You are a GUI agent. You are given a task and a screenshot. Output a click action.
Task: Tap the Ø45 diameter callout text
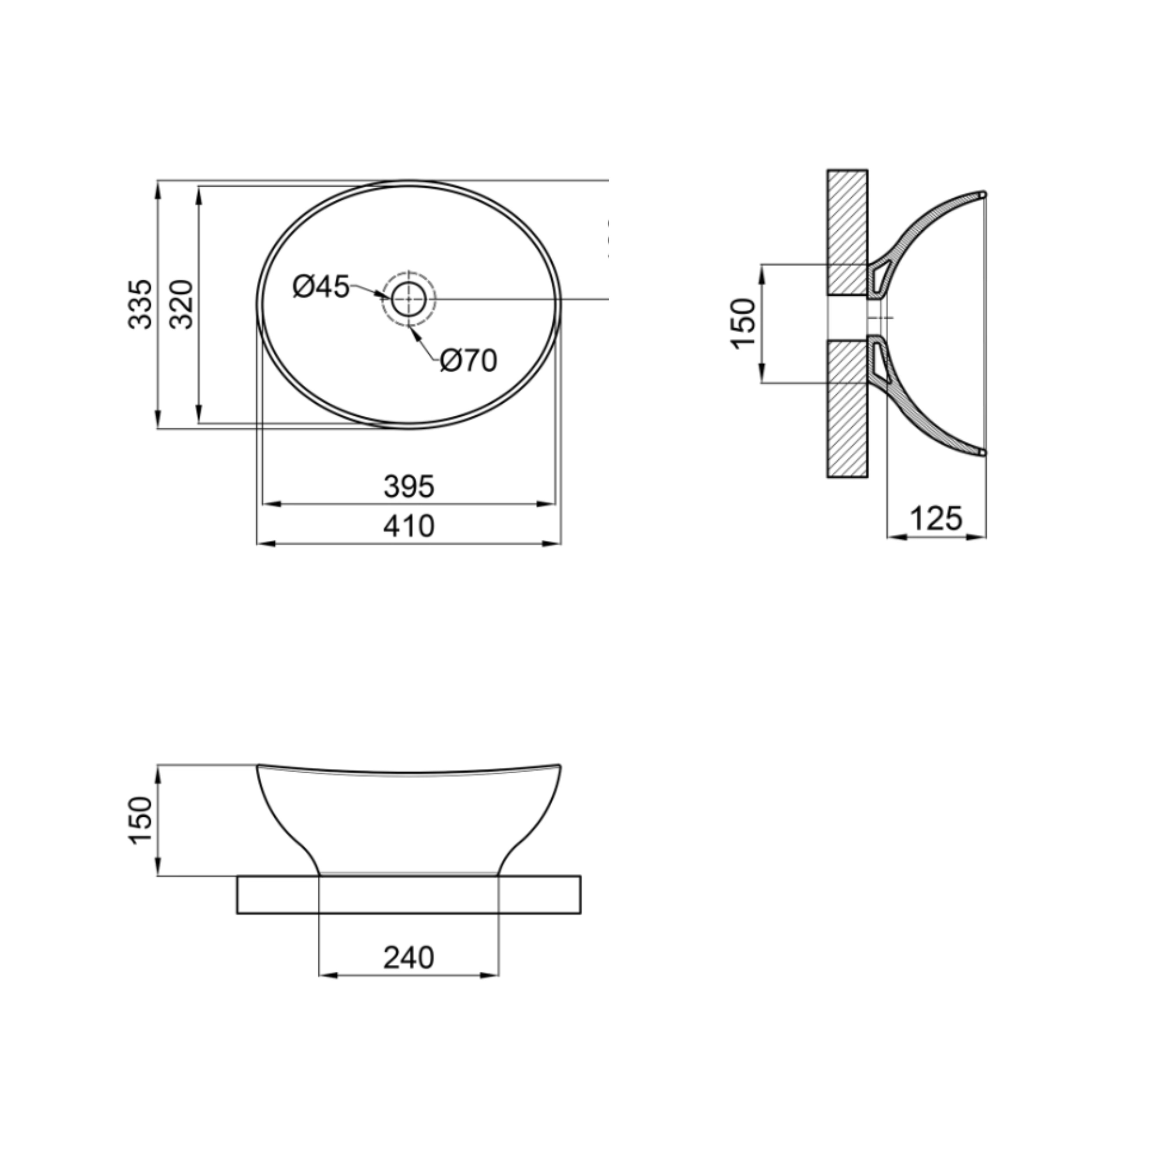coord(321,287)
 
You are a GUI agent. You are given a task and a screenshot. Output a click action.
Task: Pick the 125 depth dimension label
coord(936,519)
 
